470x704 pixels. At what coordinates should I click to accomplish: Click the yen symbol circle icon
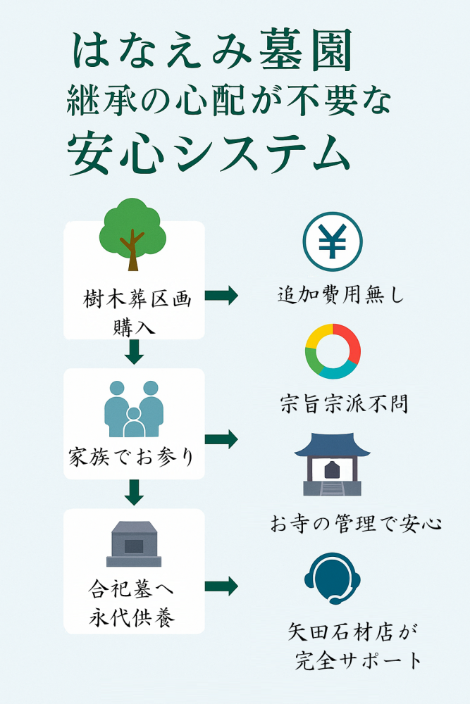(333, 242)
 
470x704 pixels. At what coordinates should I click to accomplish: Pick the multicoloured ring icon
(333, 351)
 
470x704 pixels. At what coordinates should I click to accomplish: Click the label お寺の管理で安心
(357, 524)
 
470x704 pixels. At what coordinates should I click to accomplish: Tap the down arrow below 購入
(134, 352)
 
